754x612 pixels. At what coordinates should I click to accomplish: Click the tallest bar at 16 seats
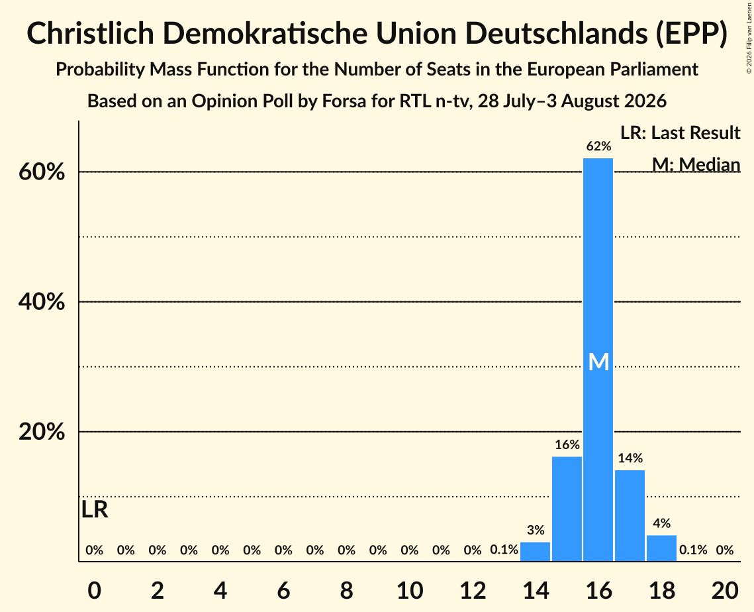pyautogui.click(x=598, y=360)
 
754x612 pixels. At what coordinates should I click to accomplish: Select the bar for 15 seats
pyautogui.click(x=567, y=509)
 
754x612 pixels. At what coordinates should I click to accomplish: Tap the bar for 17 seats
pyautogui.click(x=630, y=515)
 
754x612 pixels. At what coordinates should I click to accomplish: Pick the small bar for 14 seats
pyautogui.click(x=535, y=551)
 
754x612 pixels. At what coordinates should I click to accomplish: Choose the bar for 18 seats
pyautogui.click(x=661, y=548)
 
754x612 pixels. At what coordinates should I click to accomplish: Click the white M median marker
pyautogui.click(x=598, y=362)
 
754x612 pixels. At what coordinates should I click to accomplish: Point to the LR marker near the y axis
pyautogui.click(x=95, y=509)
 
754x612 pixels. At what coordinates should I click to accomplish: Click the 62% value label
pyautogui.click(x=598, y=146)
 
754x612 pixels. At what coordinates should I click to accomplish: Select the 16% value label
pyautogui.click(x=567, y=444)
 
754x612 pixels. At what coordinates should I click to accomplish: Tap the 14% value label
pyautogui.click(x=630, y=458)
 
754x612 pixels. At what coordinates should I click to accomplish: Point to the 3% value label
pyautogui.click(x=536, y=531)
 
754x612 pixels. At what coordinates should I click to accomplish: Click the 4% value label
pyautogui.click(x=662, y=523)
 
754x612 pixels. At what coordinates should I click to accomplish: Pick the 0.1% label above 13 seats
pyautogui.click(x=504, y=550)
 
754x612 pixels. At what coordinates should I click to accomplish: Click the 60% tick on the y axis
pyautogui.click(x=42, y=172)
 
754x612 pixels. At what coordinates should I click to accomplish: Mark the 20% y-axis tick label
pyautogui.click(x=42, y=432)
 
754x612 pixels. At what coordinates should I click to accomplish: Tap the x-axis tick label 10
pyautogui.click(x=410, y=590)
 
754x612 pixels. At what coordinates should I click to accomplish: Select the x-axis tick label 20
pyautogui.click(x=725, y=590)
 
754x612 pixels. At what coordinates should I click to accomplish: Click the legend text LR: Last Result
pyautogui.click(x=680, y=132)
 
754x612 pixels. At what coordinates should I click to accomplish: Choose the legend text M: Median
pyautogui.click(x=696, y=164)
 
